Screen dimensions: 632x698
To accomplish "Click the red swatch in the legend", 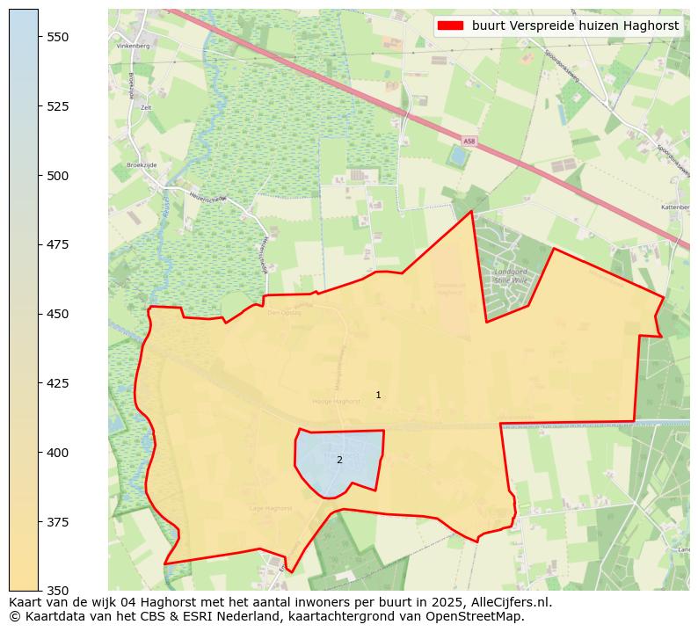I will point(450,25).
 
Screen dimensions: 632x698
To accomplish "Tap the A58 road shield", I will point(469,141).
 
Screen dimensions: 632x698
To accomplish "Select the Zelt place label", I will point(135,107).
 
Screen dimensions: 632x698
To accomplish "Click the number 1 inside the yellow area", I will point(378,396).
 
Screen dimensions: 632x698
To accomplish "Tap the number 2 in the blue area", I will point(339,460).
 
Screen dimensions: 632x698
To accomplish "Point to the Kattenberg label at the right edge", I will point(675,207).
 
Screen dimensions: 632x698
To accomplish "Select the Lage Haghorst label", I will point(271,508).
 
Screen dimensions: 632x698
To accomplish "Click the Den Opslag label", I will point(284,312).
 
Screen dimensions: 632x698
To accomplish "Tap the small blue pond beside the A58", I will point(457,156).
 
